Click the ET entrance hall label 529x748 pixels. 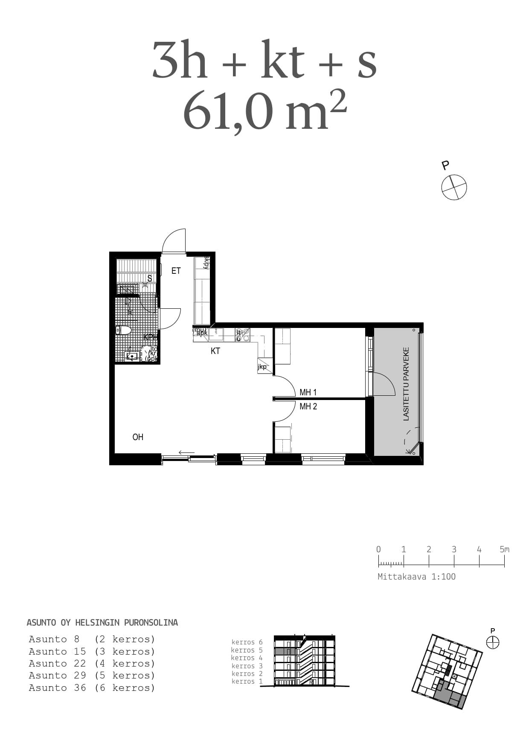coord(176,271)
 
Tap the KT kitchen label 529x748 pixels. coord(215,351)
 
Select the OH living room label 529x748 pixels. coord(138,437)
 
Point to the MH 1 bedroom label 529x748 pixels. coord(308,392)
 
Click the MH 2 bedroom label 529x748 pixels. coord(308,406)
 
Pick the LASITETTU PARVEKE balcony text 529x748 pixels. coord(406,384)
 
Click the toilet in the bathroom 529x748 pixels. coord(124,330)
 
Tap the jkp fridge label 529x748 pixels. coord(262,367)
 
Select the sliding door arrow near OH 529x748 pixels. coord(186,452)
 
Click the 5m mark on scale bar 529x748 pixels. coord(504,549)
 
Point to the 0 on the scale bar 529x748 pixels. coord(378,549)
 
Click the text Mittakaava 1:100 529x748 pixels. coord(416,577)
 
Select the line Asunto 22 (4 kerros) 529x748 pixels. coord(92,664)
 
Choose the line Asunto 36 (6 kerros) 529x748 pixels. coord(92,688)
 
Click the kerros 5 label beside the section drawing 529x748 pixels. coord(247,650)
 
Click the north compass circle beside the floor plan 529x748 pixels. coord(454,187)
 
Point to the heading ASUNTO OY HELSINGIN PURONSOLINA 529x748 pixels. coord(102,623)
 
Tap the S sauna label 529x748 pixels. coord(150,278)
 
